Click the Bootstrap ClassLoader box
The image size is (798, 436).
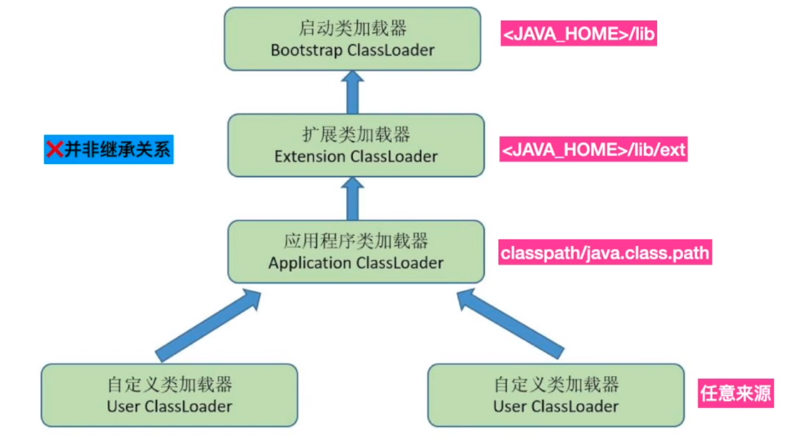coord(353,39)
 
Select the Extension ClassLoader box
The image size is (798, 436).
coord(356,145)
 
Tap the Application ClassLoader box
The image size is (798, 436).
coord(356,251)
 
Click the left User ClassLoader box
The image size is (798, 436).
coord(169,395)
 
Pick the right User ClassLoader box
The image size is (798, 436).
coord(555,395)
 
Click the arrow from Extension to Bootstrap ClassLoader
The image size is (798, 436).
coord(353,91)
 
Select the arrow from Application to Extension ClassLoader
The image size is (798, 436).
coord(353,198)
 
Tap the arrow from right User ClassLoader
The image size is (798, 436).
coord(510,324)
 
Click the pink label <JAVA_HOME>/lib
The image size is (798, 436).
coord(578,34)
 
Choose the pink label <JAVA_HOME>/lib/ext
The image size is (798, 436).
coord(593,150)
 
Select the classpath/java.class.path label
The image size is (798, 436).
coord(605,253)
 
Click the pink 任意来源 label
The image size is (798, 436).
coord(736,393)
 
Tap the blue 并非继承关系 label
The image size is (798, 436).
coord(109,150)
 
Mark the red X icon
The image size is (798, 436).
coord(54,150)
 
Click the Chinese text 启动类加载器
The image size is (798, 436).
coord(353,28)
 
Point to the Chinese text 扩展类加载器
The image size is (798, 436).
coord(356,134)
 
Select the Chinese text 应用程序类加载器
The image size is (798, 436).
coord(356,241)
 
